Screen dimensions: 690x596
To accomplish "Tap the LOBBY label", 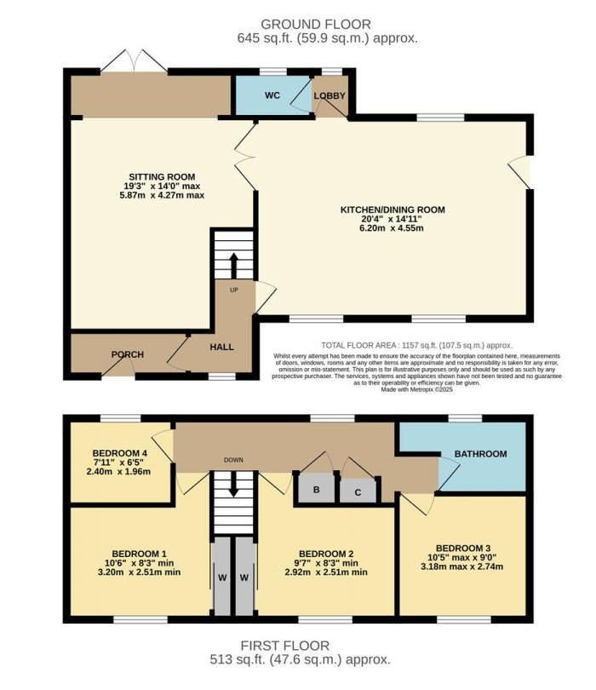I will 330,96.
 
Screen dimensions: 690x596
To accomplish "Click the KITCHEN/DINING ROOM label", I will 393,210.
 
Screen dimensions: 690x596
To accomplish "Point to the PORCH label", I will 127,355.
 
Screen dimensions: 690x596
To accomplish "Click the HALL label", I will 221,347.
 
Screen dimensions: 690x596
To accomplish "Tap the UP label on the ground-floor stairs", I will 233,290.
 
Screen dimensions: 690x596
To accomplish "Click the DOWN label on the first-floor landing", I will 233,460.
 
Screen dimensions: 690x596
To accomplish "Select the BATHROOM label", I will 480,454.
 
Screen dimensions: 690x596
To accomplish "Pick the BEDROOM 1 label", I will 139,552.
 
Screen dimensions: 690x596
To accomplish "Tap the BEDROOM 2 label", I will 325,552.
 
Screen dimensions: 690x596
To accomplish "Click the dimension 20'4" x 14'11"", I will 393,219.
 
